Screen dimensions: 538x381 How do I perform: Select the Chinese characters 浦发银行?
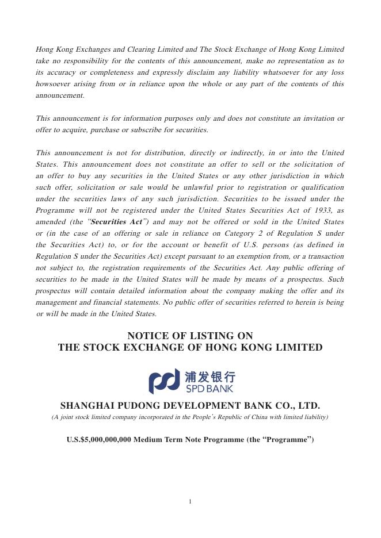(x=210, y=376)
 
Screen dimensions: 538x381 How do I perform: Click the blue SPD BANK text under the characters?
(x=209, y=389)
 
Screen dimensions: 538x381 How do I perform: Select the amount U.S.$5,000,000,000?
(x=99, y=440)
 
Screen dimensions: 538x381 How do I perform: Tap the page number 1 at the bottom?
(x=190, y=501)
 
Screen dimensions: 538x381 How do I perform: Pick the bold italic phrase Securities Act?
(x=117, y=221)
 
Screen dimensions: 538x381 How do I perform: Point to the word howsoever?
(x=52, y=84)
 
